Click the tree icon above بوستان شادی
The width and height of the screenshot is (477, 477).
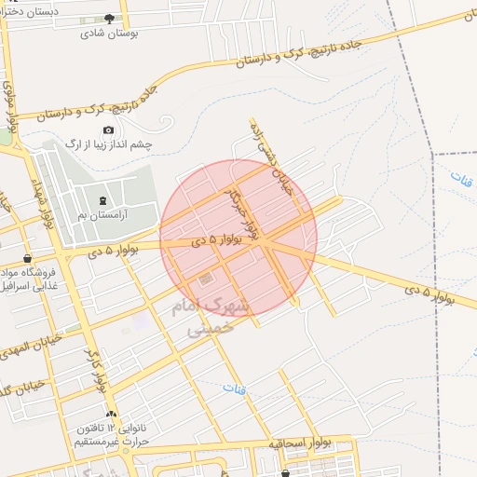pos(110,18)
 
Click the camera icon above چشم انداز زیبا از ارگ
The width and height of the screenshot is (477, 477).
pos(108,129)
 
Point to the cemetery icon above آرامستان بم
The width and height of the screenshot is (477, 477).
pos(102,201)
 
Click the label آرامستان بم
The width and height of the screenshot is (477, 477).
pos(102,215)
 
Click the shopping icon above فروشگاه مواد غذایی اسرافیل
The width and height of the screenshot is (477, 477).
pos(29,258)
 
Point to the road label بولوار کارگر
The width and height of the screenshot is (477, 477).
pos(98,368)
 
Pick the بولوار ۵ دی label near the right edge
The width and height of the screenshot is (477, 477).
pos(429,293)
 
